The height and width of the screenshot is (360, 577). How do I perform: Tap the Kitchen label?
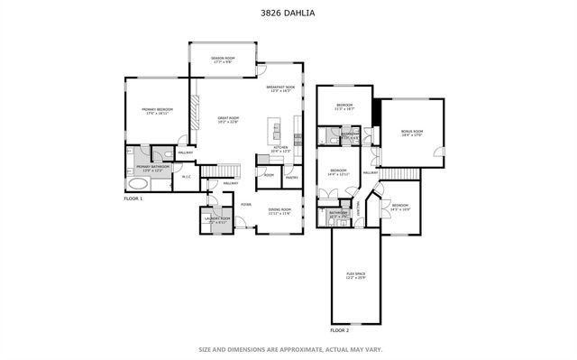pyautogui.click(x=280, y=149)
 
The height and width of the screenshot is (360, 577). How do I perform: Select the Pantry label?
pyautogui.click(x=291, y=178)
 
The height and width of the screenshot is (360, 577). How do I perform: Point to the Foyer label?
pyautogui.click(x=245, y=204)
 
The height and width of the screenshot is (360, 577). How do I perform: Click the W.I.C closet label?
pyautogui.click(x=186, y=177)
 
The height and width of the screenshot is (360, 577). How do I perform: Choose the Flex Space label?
pyautogui.click(x=355, y=274)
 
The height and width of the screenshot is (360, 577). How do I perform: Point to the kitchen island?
pyautogui.click(x=270, y=131)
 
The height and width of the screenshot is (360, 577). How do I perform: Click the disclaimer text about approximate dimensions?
pyautogui.click(x=288, y=348)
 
